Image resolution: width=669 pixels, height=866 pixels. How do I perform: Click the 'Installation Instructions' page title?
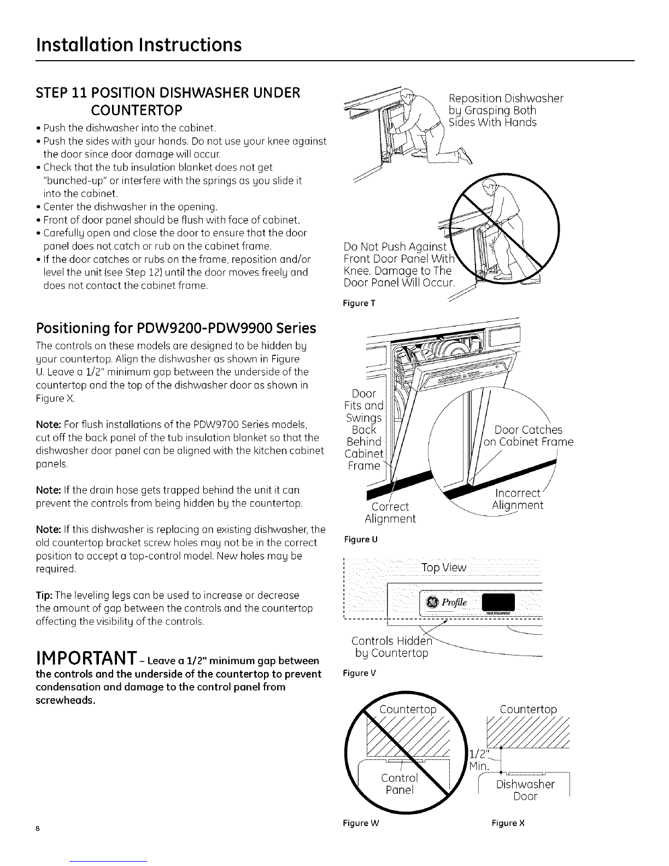139,45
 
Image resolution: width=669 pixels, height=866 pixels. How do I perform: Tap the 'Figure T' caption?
359,303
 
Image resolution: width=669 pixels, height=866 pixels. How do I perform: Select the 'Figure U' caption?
360,540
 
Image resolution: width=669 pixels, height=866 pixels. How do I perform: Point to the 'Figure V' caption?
360,673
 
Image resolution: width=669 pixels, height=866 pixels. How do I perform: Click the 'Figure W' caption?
361,823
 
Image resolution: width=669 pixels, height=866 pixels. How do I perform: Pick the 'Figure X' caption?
508,823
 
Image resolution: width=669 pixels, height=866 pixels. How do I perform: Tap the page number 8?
38,828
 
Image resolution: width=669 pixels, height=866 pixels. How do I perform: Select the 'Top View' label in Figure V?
444,567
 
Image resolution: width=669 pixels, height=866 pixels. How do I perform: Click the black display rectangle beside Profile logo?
498,602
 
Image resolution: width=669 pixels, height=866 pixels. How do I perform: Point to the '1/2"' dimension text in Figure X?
479,753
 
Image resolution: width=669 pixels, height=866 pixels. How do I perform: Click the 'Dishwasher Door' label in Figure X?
525,791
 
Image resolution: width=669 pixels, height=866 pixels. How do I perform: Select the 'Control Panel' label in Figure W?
400,784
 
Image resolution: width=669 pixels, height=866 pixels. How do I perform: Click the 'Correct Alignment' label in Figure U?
390,513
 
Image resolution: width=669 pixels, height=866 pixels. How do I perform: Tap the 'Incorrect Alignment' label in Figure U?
517,499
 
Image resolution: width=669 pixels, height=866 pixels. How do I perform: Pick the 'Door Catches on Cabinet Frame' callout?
529,436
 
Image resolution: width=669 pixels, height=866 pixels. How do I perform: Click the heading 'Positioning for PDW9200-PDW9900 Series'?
176,329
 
